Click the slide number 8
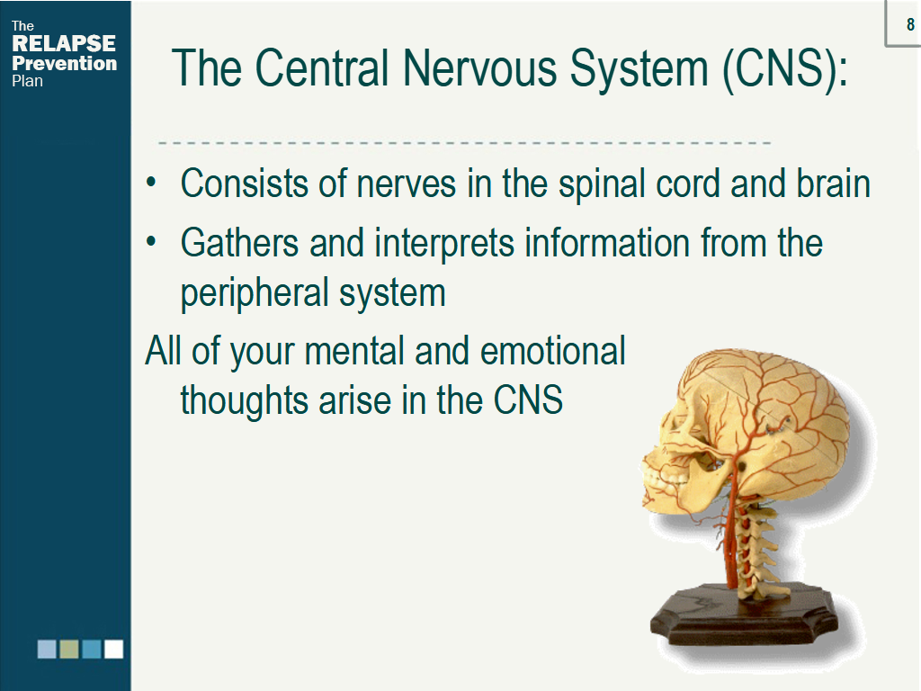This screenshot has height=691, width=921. click(x=910, y=24)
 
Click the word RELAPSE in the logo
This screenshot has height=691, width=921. click(x=64, y=43)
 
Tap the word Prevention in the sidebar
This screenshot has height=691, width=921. click(x=65, y=63)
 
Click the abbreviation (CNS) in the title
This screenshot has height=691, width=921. click(x=785, y=69)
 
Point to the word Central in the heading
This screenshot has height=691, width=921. click(x=322, y=68)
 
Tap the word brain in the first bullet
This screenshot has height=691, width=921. click(x=833, y=184)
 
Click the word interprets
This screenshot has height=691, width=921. click(x=444, y=245)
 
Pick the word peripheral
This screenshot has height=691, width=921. click(x=254, y=294)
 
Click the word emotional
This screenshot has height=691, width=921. click(x=553, y=351)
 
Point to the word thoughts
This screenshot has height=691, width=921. click(x=244, y=400)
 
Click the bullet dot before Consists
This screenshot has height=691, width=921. click(x=151, y=182)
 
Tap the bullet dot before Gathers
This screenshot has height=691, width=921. click(x=151, y=241)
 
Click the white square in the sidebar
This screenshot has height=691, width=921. click(x=114, y=650)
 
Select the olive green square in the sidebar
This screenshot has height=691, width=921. click(x=69, y=650)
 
